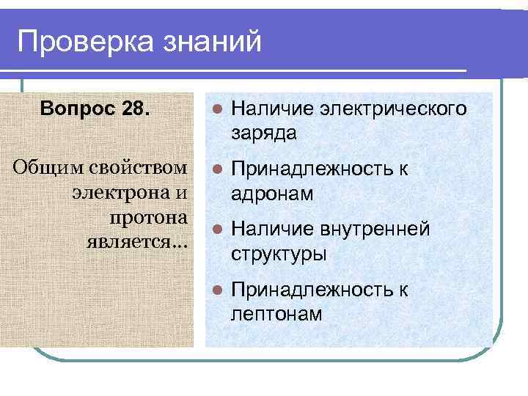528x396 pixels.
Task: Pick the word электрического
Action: pos(392,109)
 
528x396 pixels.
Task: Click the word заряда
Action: pos(264,133)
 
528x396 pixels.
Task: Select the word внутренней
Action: pos(374,230)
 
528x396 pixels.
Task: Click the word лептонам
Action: pos(276,314)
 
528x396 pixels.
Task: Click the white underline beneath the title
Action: pos(242,70)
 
